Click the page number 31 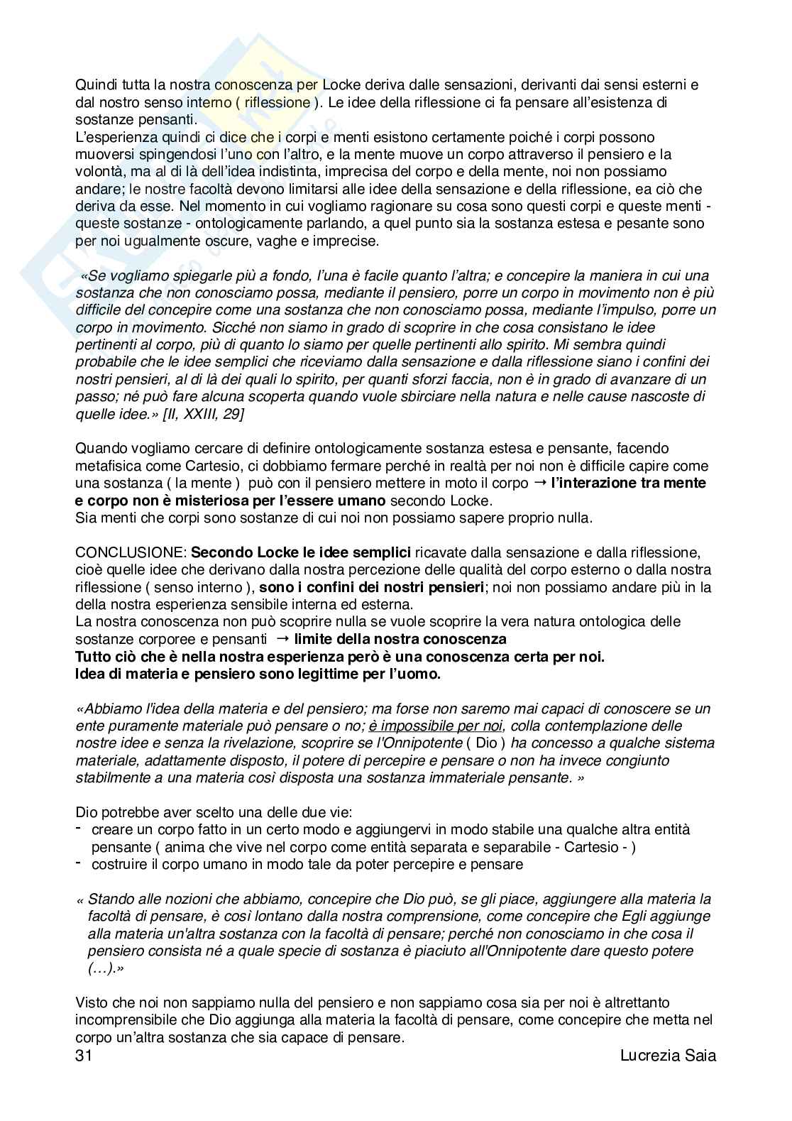(x=84, y=1055)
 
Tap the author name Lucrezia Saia (x=668, y=1055)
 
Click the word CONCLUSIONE (x=131, y=552)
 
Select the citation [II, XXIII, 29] (x=203, y=413)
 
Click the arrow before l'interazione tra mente (x=540, y=483)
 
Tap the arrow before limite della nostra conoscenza (x=284, y=639)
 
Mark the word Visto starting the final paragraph (x=91, y=1003)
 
